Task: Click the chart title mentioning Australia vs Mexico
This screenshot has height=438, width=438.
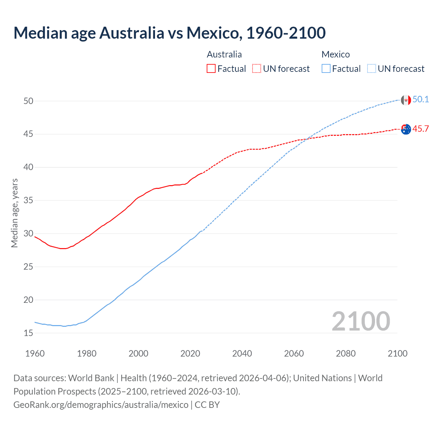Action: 169,33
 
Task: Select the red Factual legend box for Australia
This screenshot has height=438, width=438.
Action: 211,68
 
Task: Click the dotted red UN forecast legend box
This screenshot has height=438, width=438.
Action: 257,68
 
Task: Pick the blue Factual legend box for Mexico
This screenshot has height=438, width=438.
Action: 326,68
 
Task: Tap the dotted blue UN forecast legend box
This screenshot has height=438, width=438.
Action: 372,68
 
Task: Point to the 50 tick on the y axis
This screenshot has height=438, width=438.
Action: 28,101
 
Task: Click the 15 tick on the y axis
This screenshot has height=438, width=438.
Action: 28,333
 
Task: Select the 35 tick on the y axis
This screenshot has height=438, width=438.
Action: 28,200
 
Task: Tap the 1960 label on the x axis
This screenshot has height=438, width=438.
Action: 35,353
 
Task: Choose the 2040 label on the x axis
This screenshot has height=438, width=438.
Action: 242,353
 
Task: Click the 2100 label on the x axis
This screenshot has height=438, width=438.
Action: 397,353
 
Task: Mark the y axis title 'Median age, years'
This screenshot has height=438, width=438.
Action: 14,213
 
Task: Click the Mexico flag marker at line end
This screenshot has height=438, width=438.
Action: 406,100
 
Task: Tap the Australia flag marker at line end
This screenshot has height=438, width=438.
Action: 406,129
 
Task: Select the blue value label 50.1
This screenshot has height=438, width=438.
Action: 421,100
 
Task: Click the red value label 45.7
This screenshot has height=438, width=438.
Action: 421,129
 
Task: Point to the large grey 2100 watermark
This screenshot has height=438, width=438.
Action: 361,321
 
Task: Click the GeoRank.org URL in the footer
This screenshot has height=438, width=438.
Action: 101,405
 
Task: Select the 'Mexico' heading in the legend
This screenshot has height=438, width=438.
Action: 336,54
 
